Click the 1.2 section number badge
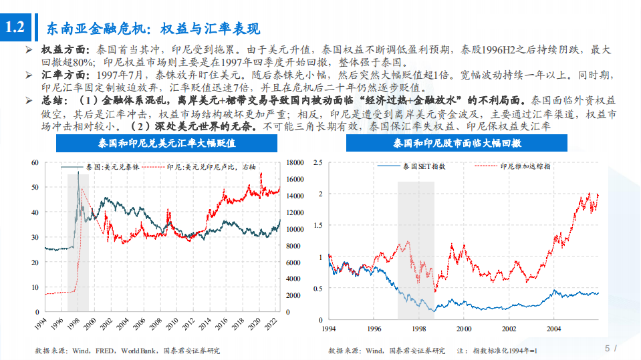tap(15, 28)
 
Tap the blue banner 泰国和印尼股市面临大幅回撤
tap(457, 144)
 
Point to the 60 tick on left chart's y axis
tap(35, 162)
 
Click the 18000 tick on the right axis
tap(295, 162)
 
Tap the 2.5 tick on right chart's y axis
tap(318, 162)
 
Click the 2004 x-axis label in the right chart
tap(554, 329)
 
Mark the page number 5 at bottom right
tap(607, 348)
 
